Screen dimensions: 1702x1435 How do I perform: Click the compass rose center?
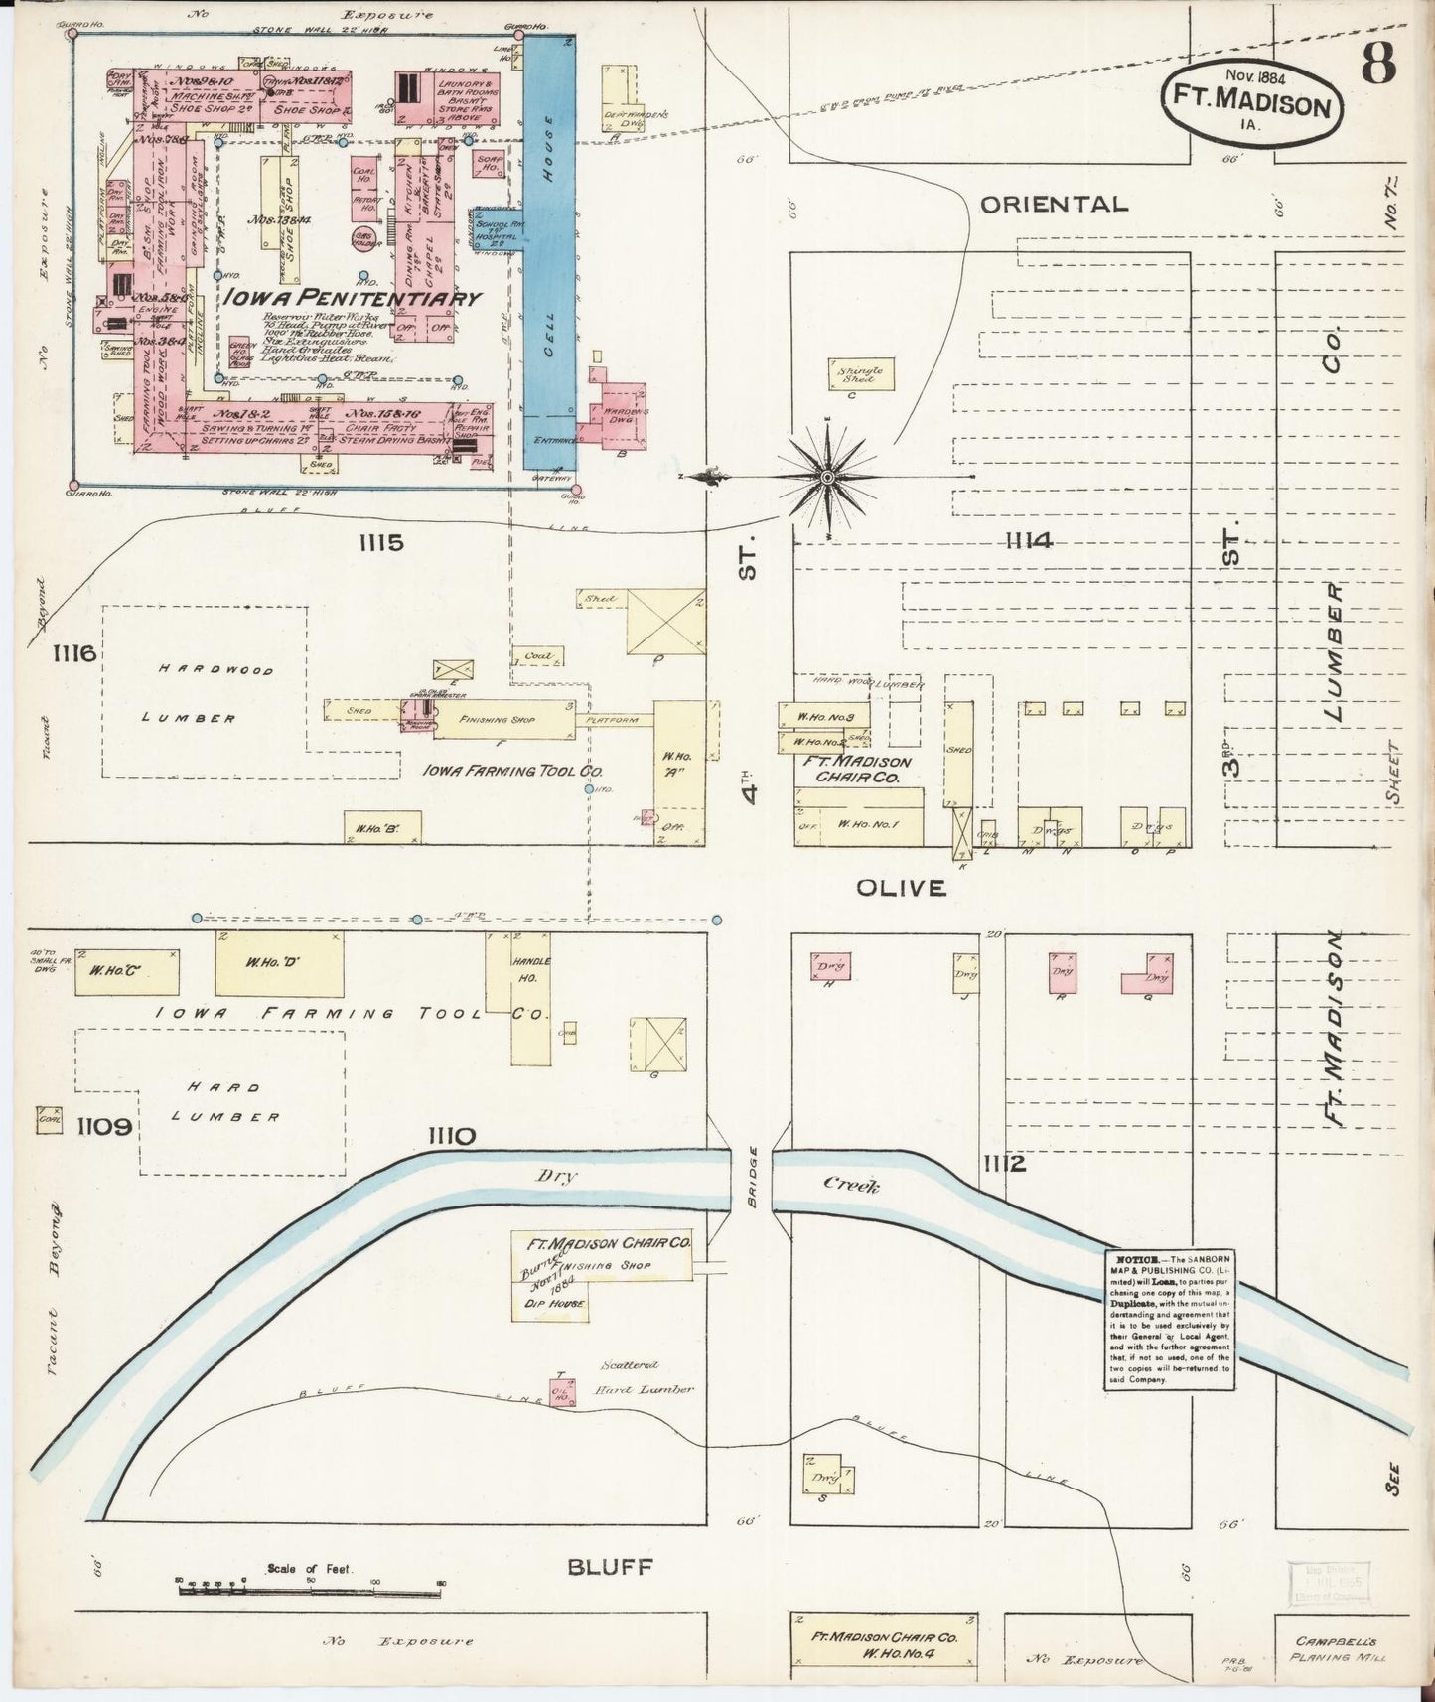(x=826, y=478)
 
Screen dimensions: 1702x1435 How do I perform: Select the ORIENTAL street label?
(x=1054, y=205)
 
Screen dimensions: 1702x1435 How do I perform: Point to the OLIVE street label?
(x=901, y=888)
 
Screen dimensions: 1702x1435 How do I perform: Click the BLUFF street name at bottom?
(x=611, y=1568)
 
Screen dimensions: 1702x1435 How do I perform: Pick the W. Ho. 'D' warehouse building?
(x=279, y=962)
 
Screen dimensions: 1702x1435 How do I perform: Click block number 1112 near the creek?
(x=1004, y=1163)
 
